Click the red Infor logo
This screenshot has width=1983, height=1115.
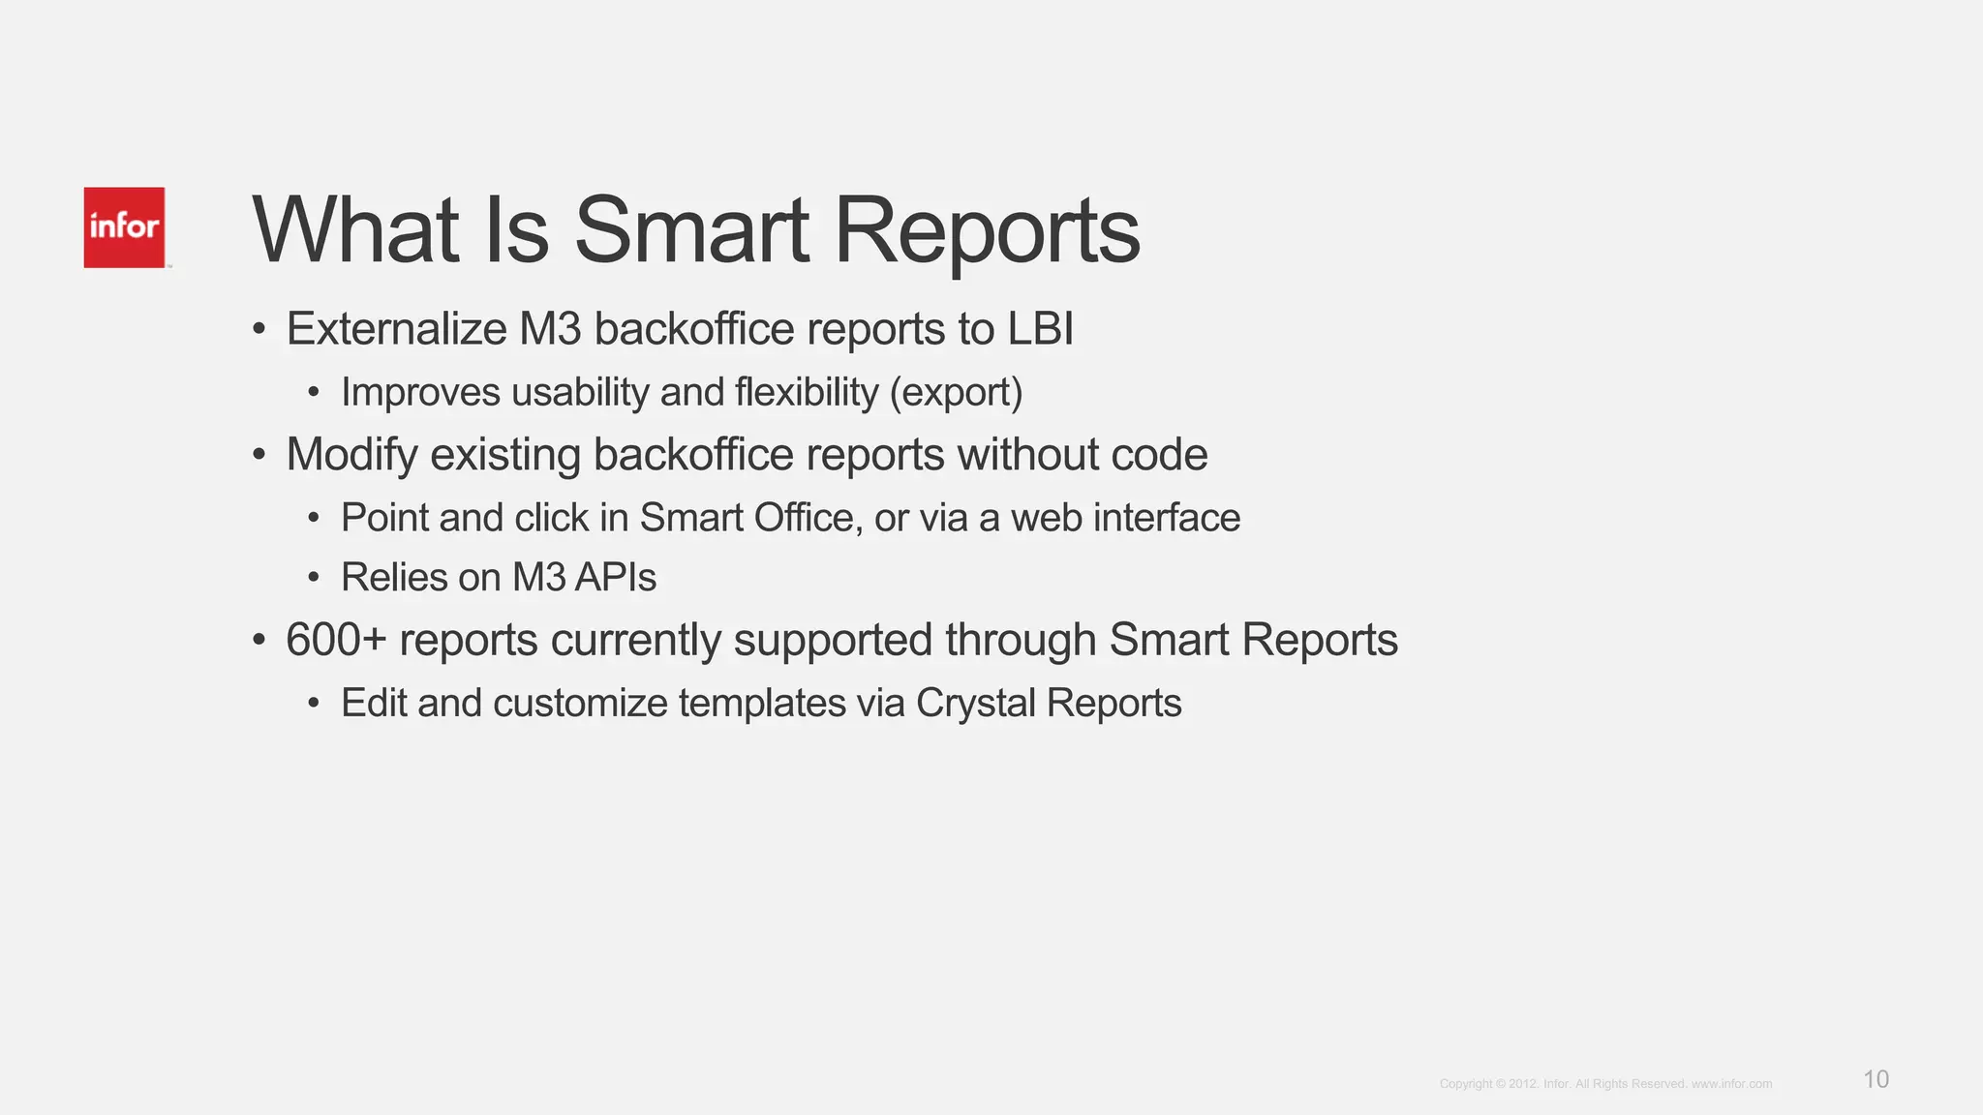pos(124,227)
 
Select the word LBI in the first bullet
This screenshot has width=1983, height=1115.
pos(1041,329)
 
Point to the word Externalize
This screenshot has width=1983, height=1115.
pos(396,329)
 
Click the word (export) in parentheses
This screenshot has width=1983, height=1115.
pos(956,393)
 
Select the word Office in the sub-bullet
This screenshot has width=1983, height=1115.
pos(808,518)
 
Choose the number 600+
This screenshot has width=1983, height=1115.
pos(336,641)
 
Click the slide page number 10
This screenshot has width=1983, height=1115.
pos(1876,1079)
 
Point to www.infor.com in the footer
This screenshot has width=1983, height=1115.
pos(1731,1084)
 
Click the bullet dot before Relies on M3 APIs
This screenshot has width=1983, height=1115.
pos(314,579)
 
